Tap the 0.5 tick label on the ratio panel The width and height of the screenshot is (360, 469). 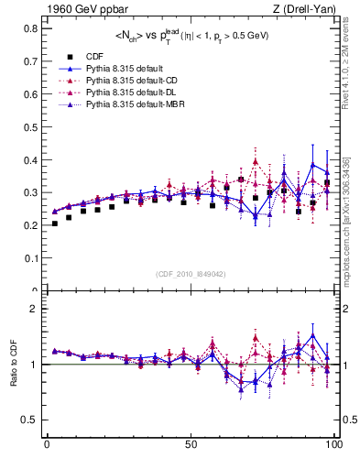[31, 420]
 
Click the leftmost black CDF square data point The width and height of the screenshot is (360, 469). [54, 224]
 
